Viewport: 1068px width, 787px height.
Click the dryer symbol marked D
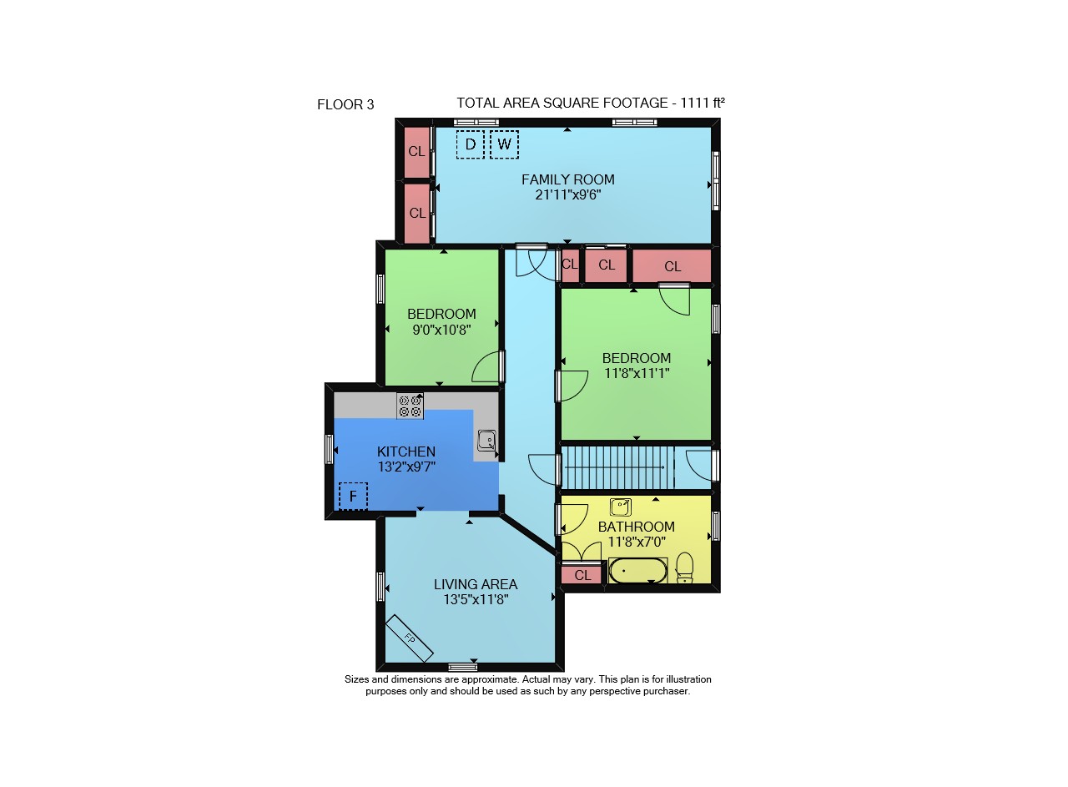click(470, 144)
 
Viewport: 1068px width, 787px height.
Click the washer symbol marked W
click(504, 144)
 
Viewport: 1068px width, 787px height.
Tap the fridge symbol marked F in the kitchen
click(353, 496)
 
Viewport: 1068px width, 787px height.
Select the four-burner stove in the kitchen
click(410, 406)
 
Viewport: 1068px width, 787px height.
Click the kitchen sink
click(486, 441)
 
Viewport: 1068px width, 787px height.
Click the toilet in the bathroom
click(685, 568)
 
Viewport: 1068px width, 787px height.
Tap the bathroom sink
click(621, 507)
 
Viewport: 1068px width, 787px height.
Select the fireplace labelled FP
click(409, 638)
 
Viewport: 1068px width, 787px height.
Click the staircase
click(617, 467)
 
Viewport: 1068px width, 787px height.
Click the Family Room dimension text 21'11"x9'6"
click(567, 194)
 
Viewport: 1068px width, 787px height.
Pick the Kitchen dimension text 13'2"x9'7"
click(406, 467)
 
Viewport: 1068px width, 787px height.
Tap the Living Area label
click(476, 584)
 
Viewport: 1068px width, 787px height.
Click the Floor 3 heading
click(345, 104)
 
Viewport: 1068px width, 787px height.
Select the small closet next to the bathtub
click(582, 575)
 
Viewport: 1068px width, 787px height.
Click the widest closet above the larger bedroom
click(672, 265)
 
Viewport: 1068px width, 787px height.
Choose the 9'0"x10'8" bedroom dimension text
click(441, 330)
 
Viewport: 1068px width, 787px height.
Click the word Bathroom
click(636, 527)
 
